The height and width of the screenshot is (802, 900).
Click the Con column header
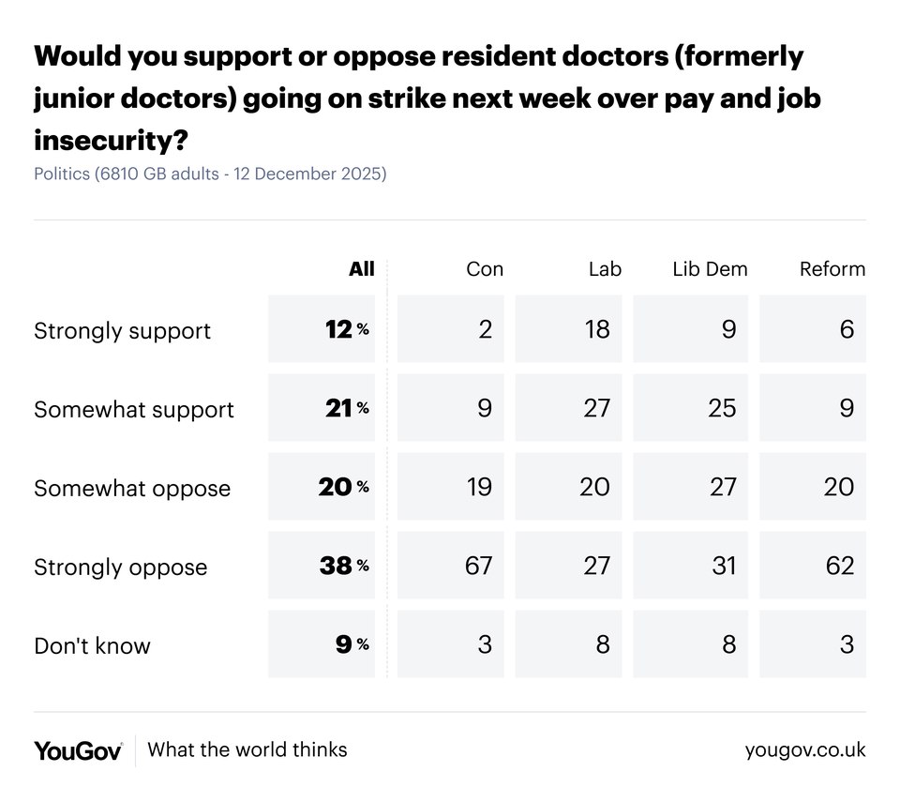click(484, 269)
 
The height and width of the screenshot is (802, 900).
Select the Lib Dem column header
click(710, 269)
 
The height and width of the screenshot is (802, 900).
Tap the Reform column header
click(832, 269)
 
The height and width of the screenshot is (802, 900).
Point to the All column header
click(361, 269)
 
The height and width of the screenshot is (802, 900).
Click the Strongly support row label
click(122, 330)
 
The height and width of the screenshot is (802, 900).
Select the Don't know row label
click(92, 645)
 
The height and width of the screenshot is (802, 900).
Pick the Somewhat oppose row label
click(131, 488)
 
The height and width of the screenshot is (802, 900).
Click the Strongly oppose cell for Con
click(451, 566)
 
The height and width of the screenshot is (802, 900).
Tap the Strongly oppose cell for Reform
click(813, 566)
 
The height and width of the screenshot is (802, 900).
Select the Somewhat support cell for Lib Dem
click(691, 408)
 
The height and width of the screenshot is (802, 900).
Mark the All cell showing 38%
click(322, 566)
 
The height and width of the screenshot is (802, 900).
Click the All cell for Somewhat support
click(322, 408)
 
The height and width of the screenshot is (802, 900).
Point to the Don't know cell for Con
click(451, 644)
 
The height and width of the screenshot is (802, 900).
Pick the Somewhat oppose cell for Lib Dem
click(691, 487)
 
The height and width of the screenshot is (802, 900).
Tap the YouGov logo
click(78, 750)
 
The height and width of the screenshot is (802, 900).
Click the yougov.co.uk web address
click(805, 750)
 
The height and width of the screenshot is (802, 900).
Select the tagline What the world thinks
click(247, 749)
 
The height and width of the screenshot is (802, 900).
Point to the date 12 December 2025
click(307, 174)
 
